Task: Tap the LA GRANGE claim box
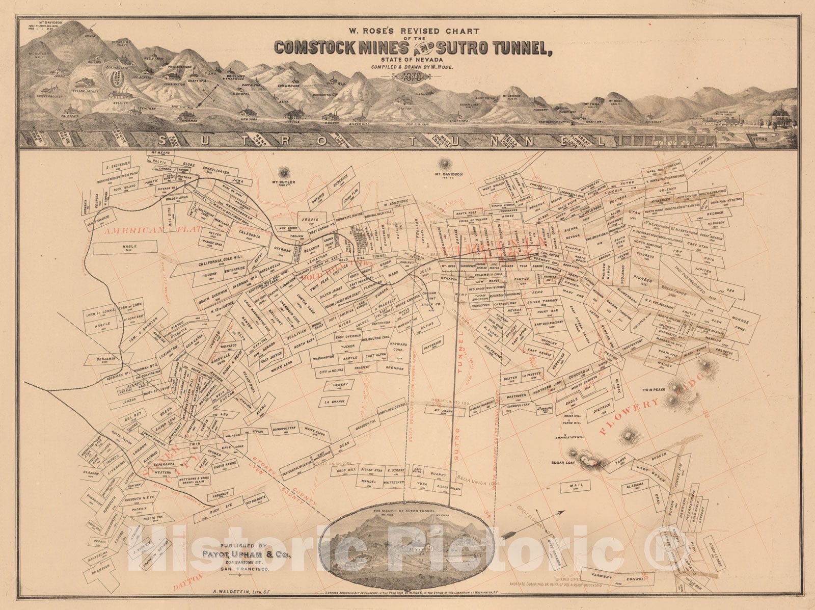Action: point(332,402)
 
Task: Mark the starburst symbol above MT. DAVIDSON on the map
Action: point(448,164)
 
